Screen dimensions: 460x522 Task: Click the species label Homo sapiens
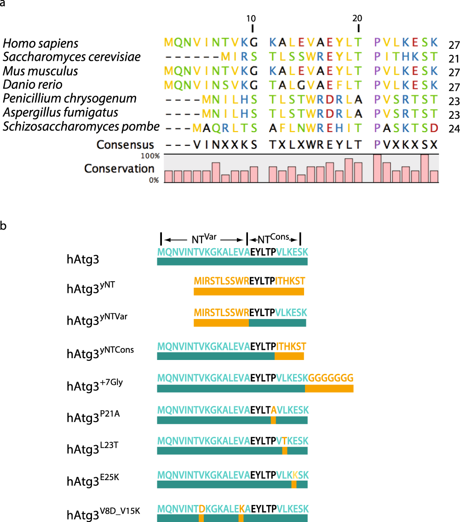point(40,44)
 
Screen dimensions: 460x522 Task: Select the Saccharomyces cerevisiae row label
point(71,58)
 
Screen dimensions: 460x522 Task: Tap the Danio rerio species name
point(32,85)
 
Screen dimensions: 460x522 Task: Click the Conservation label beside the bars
point(119,169)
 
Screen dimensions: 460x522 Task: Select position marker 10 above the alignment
point(251,19)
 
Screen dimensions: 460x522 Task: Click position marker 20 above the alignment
point(357,19)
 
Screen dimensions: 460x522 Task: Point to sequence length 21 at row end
point(454,58)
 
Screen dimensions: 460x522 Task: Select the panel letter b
point(4,226)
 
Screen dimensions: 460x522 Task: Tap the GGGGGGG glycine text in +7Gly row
point(331,377)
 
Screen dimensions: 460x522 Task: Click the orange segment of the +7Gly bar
point(329,389)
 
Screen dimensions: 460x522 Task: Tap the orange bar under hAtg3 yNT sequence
point(249,292)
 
